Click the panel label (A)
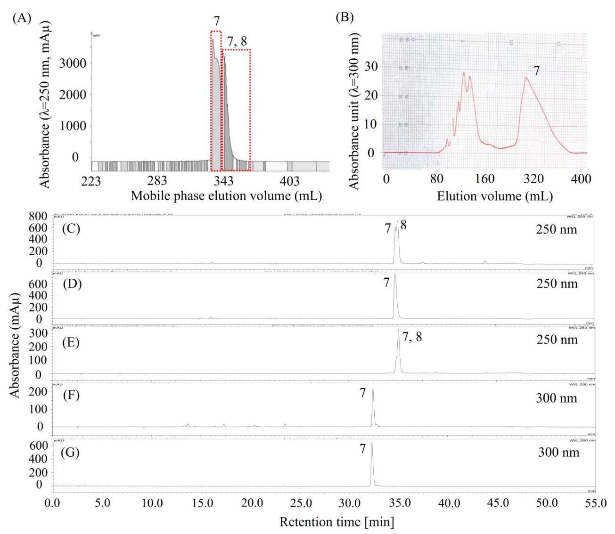(22, 18)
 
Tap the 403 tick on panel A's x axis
(289, 181)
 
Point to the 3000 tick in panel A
(73, 64)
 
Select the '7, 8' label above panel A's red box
(237, 41)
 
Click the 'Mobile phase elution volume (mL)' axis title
(226, 196)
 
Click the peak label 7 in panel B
(536, 71)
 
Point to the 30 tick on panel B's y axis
(371, 66)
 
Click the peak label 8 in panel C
(403, 225)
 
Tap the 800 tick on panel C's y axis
(38, 217)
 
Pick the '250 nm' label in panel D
(557, 283)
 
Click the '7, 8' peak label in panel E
(412, 337)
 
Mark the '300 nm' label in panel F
(557, 398)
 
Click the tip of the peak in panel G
(372, 443)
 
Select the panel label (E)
(71, 342)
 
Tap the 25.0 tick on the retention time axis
(301, 503)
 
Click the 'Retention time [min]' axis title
(336, 522)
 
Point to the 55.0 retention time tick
(596, 503)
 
